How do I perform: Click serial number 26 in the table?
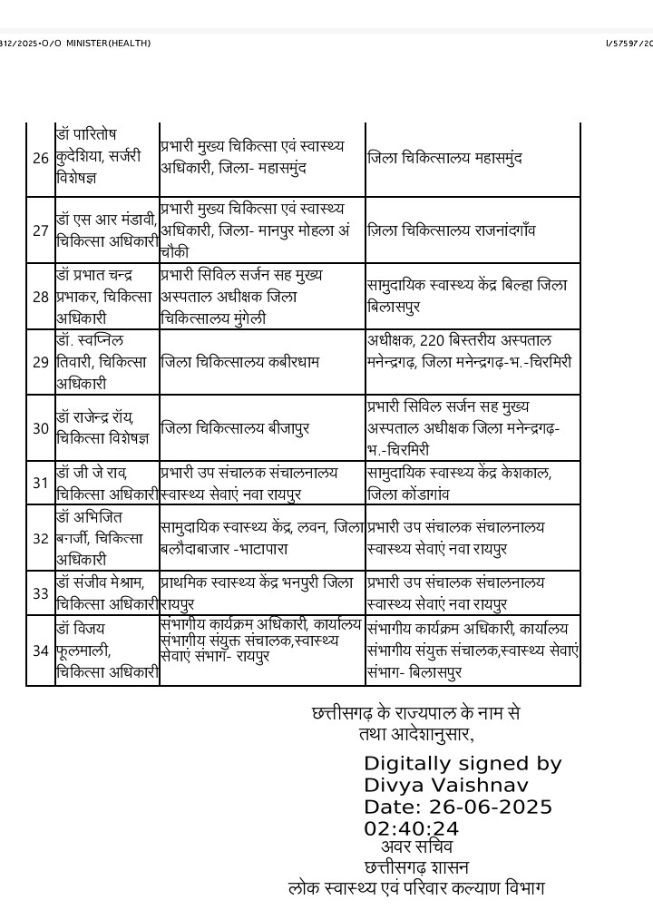(x=40, y=158)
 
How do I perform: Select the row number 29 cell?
(x=40, y=362)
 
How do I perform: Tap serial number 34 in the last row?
(x=40, y=650)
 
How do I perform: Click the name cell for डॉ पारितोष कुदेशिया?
(x=106, y=157)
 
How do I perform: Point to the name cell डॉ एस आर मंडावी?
(x=106, y=230)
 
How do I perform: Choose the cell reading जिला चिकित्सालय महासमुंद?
(x=445, y=158)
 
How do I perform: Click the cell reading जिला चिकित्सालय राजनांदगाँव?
(x=451, y=230)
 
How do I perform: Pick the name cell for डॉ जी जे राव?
(x=106, y=483)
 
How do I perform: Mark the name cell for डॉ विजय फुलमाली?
(x=106, y=650)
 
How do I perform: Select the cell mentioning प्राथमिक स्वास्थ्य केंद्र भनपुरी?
(x=257, y=593)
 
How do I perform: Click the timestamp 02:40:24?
(x=411, y=828)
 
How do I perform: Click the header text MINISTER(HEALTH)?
(x=107, y=44)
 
